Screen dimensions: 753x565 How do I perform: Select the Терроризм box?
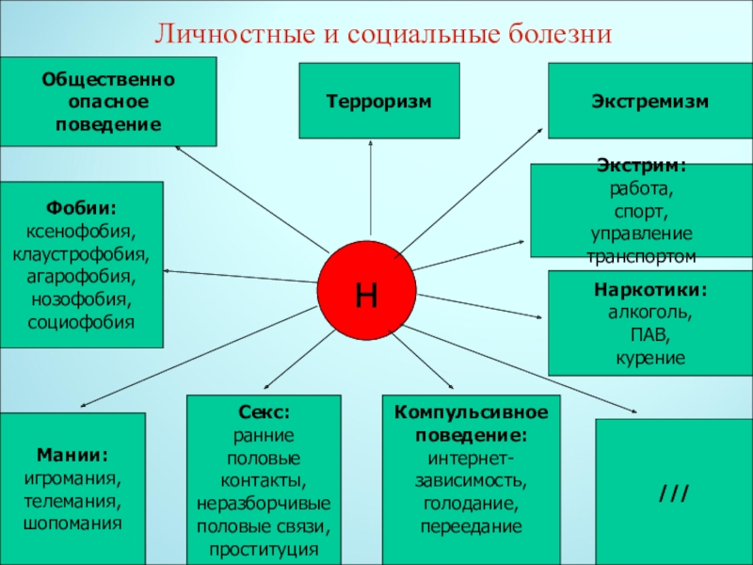(x=379, y=101)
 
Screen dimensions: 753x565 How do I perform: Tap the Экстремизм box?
(x=650, y=101)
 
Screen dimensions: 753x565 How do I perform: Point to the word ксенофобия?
(x=81, y=230)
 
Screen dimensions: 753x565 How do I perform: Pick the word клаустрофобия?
(x=81, y=253)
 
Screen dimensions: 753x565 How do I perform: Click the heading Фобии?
(x=81, y=207)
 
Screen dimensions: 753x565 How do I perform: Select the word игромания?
(x=72, y=477)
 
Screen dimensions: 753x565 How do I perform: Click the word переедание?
(x=471, y=526)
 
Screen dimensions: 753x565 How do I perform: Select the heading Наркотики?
(x=650, y=289)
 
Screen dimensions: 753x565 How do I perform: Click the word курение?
(x=650, y=358)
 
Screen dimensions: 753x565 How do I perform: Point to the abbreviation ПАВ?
(x=650, y=334)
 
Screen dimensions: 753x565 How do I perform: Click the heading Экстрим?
(x=642, y=166)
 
